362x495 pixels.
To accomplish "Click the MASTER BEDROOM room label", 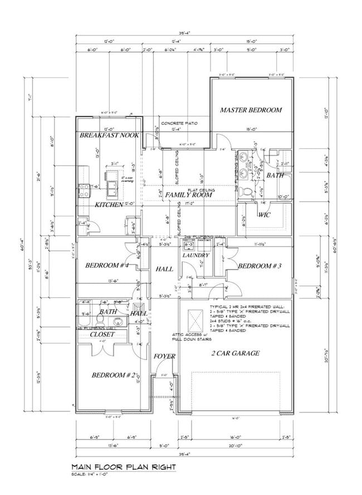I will (251, 110).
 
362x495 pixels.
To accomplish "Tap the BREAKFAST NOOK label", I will (109, 136).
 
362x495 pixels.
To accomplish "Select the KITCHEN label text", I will (109, 205).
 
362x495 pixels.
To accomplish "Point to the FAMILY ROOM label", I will (190, 196).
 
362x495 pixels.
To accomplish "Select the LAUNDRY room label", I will (195, 256).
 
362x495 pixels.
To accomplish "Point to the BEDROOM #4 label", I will (107, 266).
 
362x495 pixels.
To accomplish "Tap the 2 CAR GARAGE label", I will (234, 353).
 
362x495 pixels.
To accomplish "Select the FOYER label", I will (165, 356).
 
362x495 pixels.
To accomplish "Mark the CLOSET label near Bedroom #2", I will (102, 334).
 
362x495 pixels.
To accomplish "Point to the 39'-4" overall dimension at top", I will (184, 33).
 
